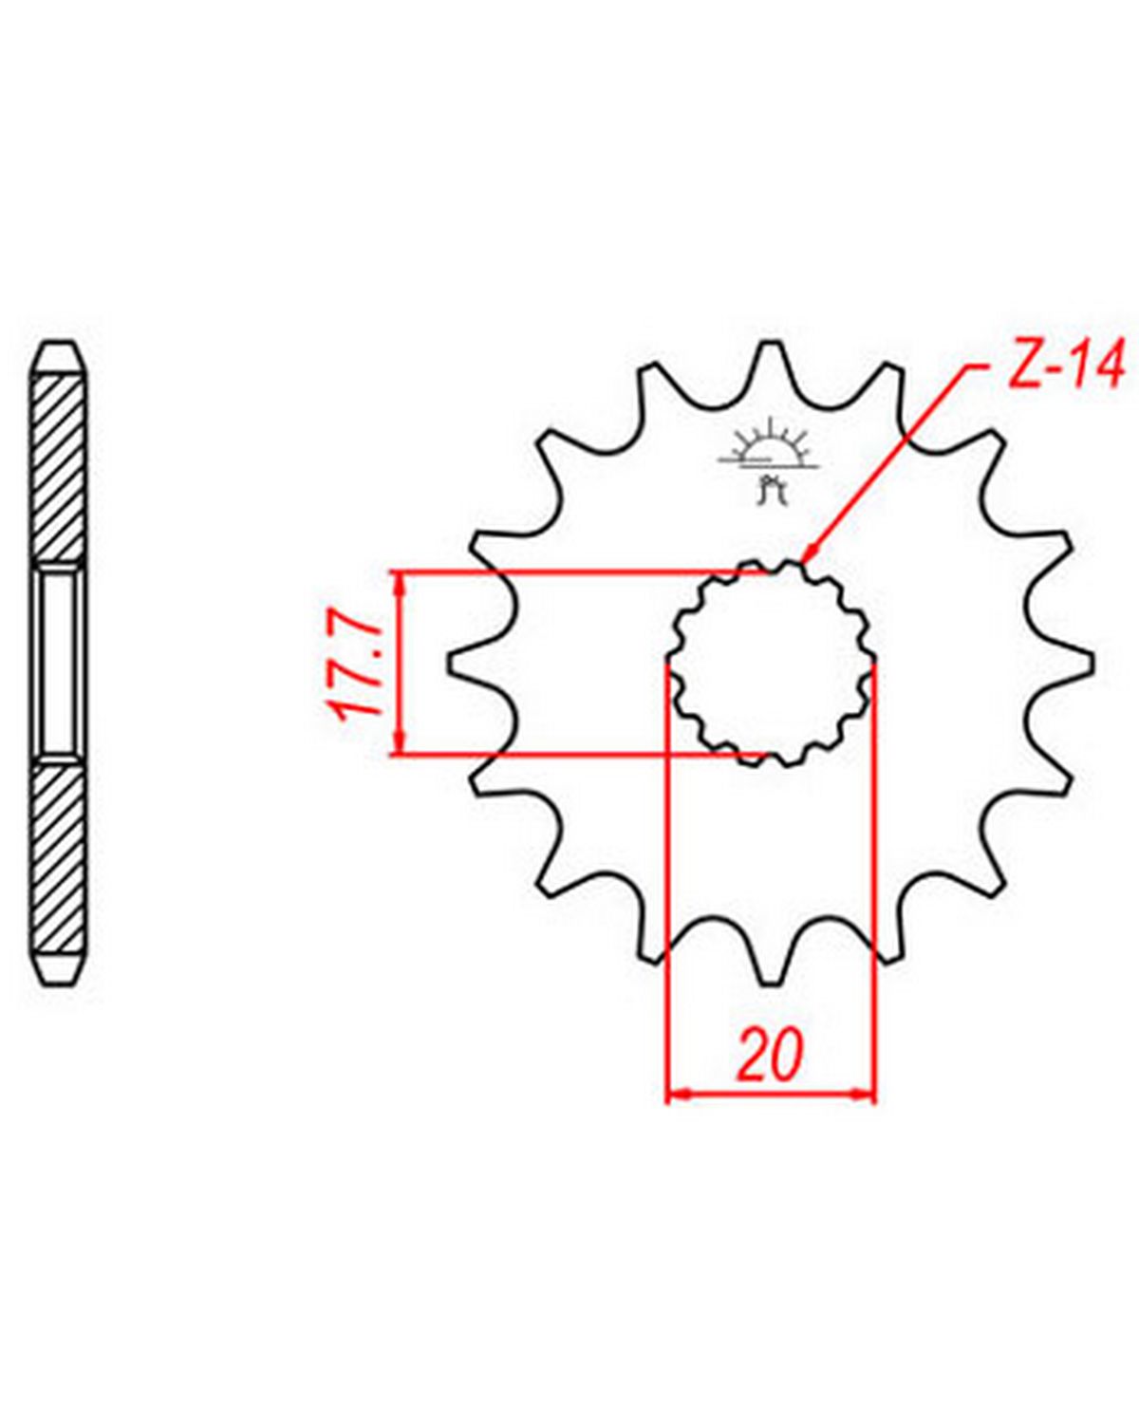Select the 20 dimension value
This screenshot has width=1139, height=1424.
click(x=770, y=1053)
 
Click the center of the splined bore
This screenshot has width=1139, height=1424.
click(x=770, y=663)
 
